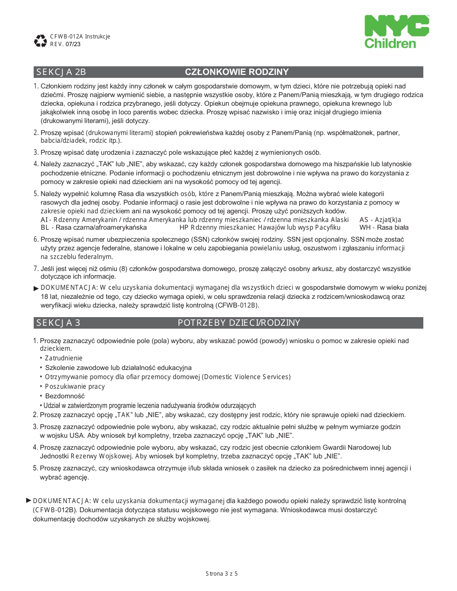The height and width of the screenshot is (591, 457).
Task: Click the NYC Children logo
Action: pyautogui.click(x=396, y=32)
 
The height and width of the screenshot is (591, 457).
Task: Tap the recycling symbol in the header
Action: pyautogui.click(x=40, y=40)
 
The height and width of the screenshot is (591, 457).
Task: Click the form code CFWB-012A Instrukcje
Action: pyautogui.click(x=80, y=37)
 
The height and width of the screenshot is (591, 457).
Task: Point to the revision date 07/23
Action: pyautogui.click(x=73, y=44)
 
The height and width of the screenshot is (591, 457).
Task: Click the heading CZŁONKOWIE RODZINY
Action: pyautogui.click(x=237, y=72)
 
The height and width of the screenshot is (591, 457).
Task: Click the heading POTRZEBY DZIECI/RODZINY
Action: pyautogui.click(x=239, y=323)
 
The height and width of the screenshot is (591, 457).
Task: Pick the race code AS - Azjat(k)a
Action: pyautogui.click(x=380, y=220)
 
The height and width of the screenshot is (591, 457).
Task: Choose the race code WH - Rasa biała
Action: pyautogui.click(x=384, y=227)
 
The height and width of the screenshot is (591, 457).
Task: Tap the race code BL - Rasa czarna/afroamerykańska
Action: pyautogui.click(x=94, y=227)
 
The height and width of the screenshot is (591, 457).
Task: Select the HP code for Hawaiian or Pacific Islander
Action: pyautogui.click(x=260, y=227)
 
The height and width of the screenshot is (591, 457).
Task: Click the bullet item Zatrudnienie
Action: pyautogui.click(x=63, y=358)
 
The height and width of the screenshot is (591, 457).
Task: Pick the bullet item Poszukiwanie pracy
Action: pyautogui.click(x=75, y=386)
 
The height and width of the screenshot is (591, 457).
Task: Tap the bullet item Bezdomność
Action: pyautogui.click(x=64, y=396)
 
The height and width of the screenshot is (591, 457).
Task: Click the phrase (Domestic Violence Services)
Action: pyautogui.click(x=247, y=377)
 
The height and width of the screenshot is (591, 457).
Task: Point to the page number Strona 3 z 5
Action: pyautogui.click(x=222, y=573)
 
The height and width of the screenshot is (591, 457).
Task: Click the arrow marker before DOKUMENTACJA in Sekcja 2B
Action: pyautogui.click(x=36, y=288)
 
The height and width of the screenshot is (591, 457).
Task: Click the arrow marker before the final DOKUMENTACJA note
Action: pyautogui.click(x=28, y=501)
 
